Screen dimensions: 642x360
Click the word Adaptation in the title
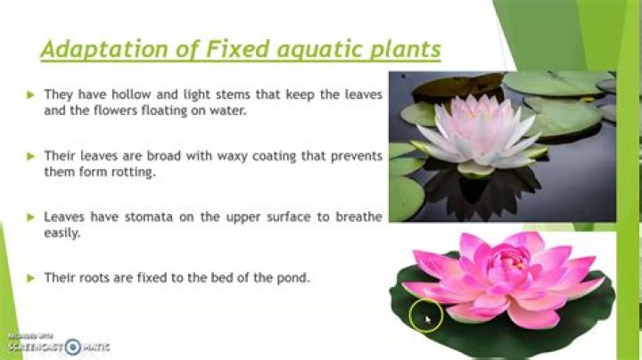coord(104,50)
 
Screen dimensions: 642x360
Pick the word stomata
coord(149,217)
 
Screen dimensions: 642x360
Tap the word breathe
coord(359,217)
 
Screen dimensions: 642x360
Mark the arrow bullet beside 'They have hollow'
coord(30,95)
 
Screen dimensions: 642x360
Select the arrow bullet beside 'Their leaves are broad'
coord(30,156)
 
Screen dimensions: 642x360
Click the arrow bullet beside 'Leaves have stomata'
coord(30,217)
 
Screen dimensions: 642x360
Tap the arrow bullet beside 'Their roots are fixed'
coord(30,278)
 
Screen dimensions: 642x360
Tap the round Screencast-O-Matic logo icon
coord(73,347)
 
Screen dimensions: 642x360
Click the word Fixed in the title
coord(237,49)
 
